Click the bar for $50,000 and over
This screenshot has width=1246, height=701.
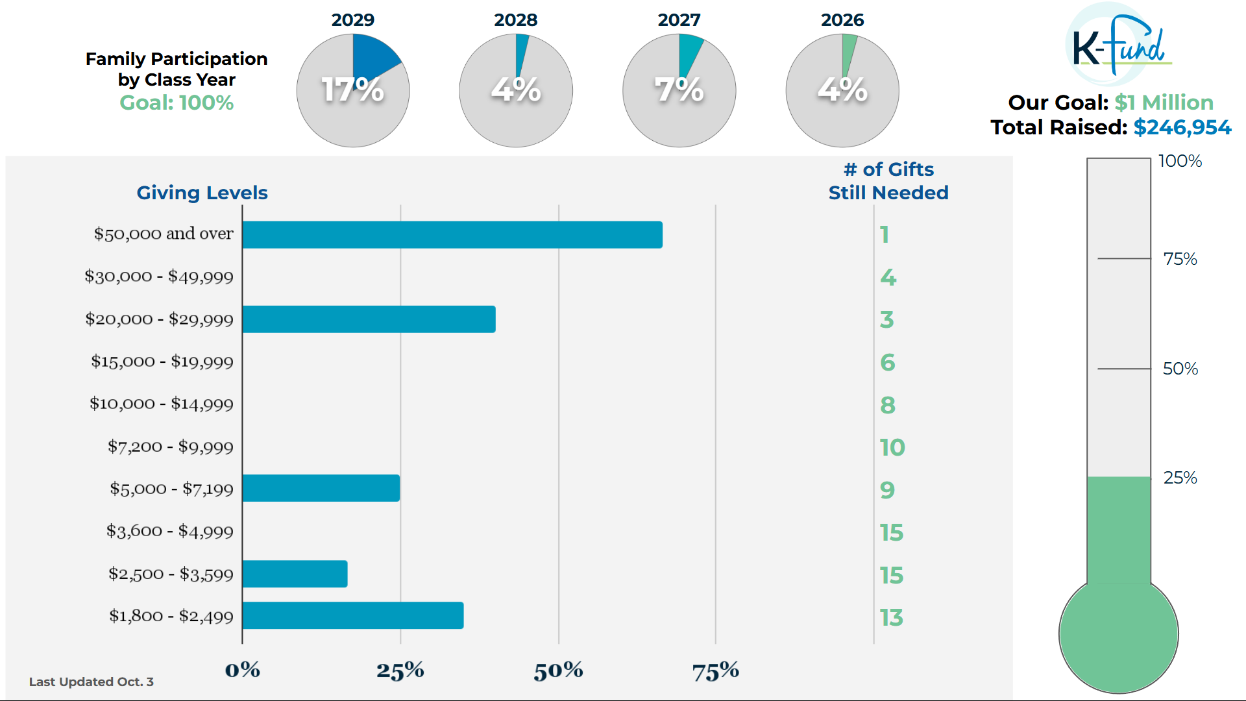coord(452,235)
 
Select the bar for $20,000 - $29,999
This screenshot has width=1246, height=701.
coord(369,319)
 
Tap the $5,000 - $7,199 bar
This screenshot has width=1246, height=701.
coord(321,488)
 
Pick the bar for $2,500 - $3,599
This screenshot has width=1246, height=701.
coord(295,574)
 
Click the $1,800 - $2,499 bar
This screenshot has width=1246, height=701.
coord(353,615)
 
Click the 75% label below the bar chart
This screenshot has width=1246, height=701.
coord(715,670)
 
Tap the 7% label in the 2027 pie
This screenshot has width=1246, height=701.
coord(679,90)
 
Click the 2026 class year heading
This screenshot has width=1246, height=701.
coord(842,20)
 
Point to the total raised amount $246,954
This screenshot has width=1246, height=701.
coord(1182,127)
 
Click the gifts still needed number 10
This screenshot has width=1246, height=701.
coord(892,447)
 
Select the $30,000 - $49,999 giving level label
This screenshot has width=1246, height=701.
coord(159,277)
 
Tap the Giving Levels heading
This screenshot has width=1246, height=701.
coord(202,193)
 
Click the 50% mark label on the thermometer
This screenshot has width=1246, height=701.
coord(1180,369)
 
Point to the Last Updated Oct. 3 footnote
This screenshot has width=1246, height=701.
coord(92,682)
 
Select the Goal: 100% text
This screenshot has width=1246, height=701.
coord(177,103)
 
